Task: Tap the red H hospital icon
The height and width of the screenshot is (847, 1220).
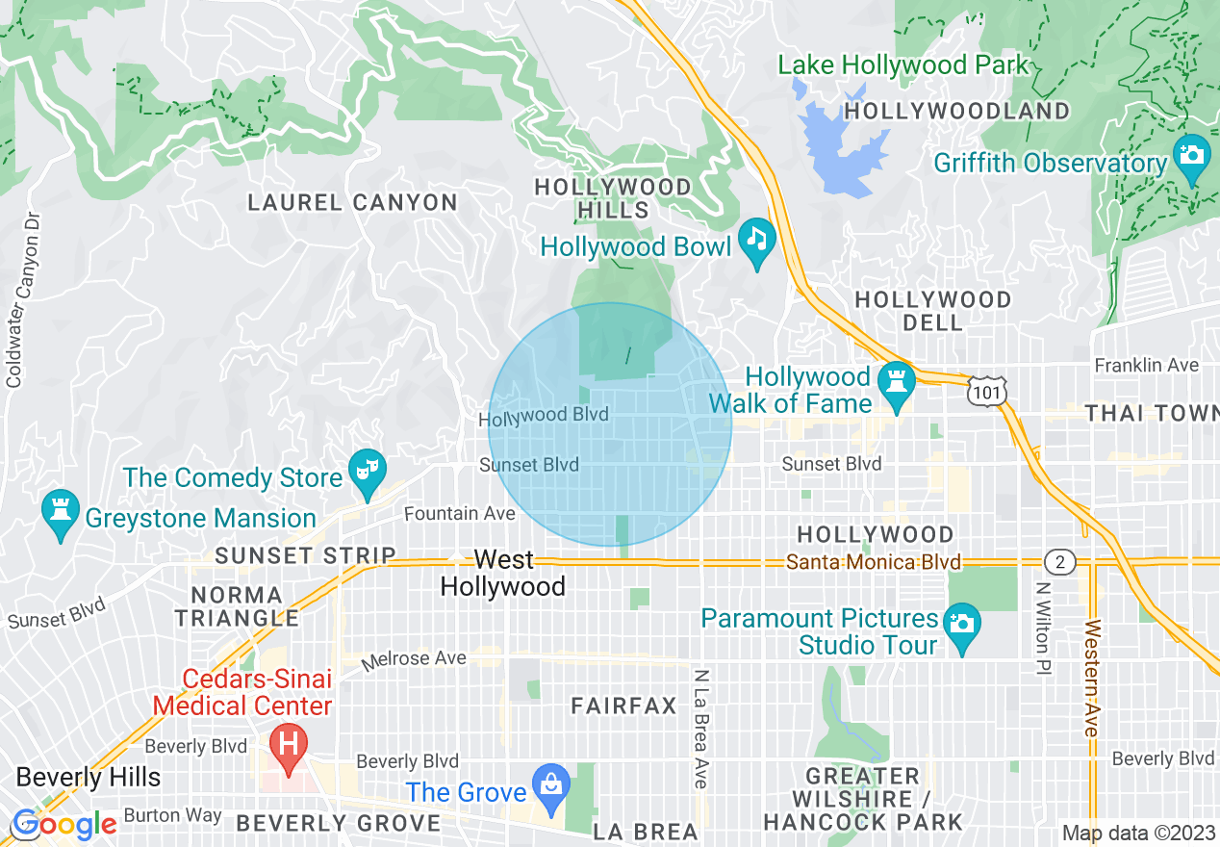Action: click(x=287, y=744)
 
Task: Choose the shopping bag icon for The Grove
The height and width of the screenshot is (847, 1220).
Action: click(x=551, y=782)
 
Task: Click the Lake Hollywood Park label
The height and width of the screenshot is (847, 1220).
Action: click(x=903, y=65)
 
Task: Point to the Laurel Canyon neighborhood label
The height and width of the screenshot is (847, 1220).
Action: click(x=352, y=202)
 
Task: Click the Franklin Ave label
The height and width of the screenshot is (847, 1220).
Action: click(x=1147, y=365)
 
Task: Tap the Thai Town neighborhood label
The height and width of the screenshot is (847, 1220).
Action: click(x=1152, y=413)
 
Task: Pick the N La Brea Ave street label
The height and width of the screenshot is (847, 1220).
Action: click(x=701, y=729)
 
